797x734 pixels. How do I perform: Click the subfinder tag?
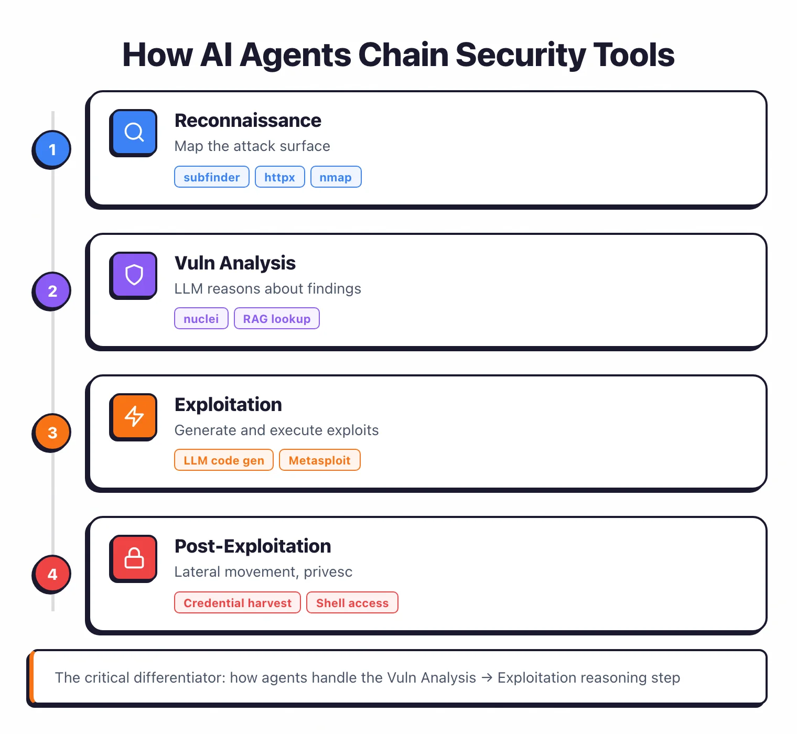(211, 177)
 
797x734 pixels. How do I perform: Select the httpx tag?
(279, 177)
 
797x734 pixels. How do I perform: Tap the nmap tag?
(336, 177)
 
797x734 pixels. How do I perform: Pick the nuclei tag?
(201, 319)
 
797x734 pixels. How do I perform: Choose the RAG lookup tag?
(277, 319)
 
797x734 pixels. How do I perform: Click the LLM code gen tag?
(224, 460)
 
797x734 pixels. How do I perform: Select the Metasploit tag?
(319, 460)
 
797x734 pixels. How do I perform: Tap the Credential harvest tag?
(238, 603)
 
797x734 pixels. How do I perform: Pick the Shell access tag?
(352, 603)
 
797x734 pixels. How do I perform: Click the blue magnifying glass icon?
(134, 132)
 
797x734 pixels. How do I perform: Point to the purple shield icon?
(134, 275)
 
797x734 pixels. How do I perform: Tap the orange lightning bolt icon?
(134, 416)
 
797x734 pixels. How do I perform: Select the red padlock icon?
(134, 558)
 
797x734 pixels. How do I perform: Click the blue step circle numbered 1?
(52, 149)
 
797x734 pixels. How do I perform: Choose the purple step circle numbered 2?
(52, 291)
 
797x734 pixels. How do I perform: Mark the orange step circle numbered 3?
(52, 433)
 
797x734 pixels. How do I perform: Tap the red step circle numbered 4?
(52, 574)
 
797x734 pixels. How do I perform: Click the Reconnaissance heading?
(247, 121)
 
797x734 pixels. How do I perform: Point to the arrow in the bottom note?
(487, 678)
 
